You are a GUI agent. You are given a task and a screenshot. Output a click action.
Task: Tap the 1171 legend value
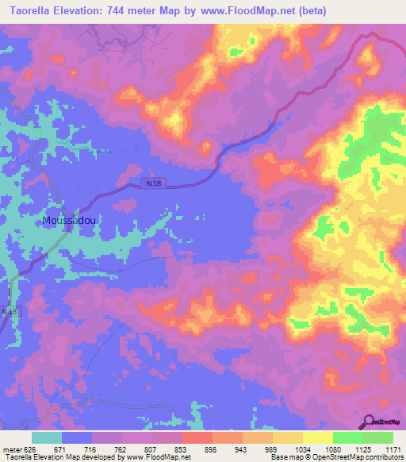pyautogui.click(x=393, y=450)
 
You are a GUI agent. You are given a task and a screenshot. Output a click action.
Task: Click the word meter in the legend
pyautogui.click(x=12, y=450)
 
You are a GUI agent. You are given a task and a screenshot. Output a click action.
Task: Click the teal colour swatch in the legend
pyautogui.click(x=47, y=437)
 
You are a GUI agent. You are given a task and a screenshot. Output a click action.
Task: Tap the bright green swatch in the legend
pyautogui.click(x=347, y=437)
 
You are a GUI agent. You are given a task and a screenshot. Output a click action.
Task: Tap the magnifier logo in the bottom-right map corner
pyautogui.click(x=370, y=421)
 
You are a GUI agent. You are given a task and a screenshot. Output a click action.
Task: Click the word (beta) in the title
pyautogui.click(x=308, y=11)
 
